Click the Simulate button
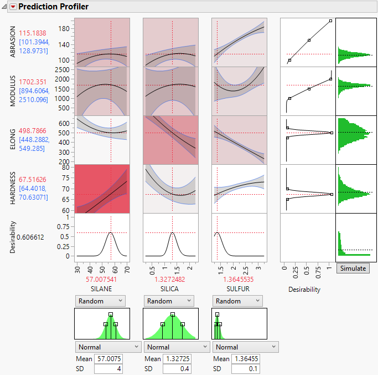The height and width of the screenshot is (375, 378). (353, 268)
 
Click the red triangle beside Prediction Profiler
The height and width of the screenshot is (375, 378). (13, 7)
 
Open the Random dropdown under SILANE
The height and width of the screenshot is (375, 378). (100, 301)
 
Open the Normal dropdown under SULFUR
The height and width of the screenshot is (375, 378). (245, 347)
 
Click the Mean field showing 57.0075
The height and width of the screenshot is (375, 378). (108, 359)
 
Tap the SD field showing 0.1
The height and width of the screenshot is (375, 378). (246, 368)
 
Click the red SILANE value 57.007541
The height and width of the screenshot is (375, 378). (102, 280)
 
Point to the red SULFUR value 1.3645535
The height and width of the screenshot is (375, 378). (240, 280)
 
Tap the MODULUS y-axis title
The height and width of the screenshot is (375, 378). (13, 91)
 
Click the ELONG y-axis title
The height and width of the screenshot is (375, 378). (13, 140)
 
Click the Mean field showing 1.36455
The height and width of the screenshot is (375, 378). (246, 359)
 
